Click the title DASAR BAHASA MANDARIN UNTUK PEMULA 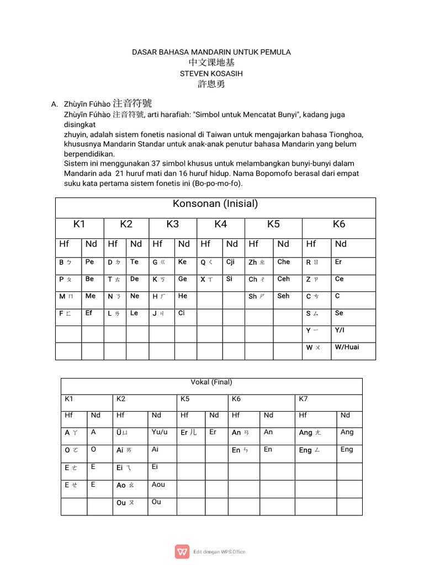pyautogui.click(x=211, y=52)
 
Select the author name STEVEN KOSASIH pyautogui.click(x=211, y=73)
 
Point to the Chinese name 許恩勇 pyautogui.click(x=211, y=84)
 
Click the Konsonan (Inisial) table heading pyautogui.click(x=215, y=204)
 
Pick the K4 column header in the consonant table pyautogui.click(x=221, y=224)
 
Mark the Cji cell pyautogui.click(x=231, y=262)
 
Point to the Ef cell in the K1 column pyautogui.click(x=89, y=313)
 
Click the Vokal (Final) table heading pyautogui.click(x=211, y=382)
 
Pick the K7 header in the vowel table pyautogui.click(x=303, y=398)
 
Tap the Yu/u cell pyautogui.click(x=160, y=432)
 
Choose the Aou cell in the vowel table pyautogui.click(x=158, y=484)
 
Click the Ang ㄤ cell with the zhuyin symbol pyautogui.click(x=309, y=433)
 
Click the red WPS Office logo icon pyautogui.click(x=182, y=552)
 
